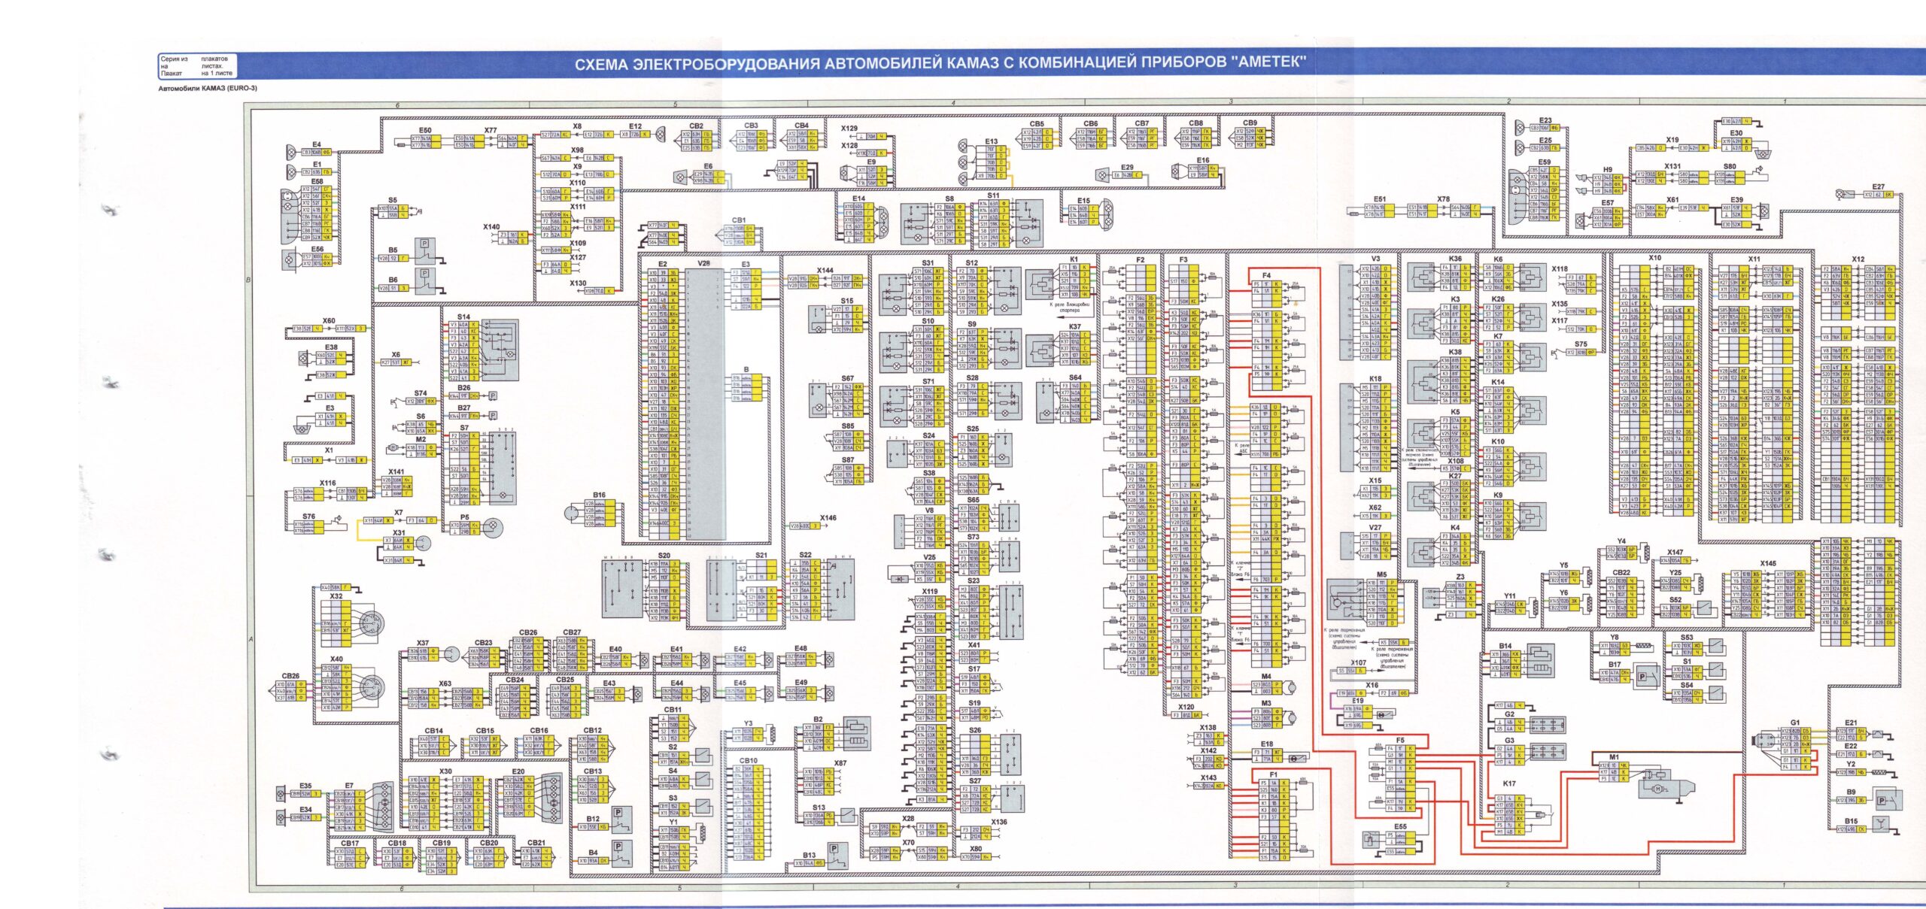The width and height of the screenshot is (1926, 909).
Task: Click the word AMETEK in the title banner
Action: click(x=1271, y=62)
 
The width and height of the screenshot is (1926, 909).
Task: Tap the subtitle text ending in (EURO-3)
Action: click(x=208, y=88)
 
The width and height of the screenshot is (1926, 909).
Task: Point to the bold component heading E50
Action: click(x=425, y=130)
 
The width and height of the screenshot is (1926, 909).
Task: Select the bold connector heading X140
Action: click(x=491, y=226)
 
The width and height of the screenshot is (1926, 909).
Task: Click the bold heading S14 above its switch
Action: click(x=463, y=317)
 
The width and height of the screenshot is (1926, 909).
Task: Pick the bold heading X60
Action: click(x=329, y=320)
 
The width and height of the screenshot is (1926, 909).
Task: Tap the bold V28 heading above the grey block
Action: click(x=703, y=264)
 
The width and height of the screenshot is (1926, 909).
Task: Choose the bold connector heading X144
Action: click(x=825, y=270)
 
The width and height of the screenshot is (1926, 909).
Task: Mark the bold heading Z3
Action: click(x=1460, y=577)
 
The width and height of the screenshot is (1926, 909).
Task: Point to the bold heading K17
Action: click(x=1509, y=783)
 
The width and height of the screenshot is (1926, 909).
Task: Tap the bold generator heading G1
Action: click(x=1794, y=723)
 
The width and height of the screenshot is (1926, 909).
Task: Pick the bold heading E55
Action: click(x=1400, y=826)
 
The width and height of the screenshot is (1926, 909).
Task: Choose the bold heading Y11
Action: click(x=1510, y=595)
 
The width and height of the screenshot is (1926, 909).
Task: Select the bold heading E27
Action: click(x=1879, y=186)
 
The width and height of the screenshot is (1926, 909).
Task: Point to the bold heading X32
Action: click(x=336, y=596)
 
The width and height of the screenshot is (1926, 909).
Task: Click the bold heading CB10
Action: click(x=749, y=760)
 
